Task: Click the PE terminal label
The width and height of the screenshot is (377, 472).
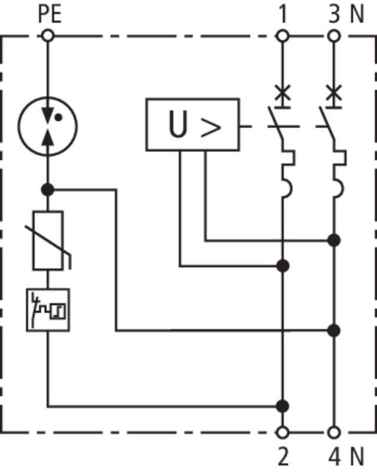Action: [50, 14]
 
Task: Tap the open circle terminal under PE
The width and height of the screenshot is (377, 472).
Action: [48, 36]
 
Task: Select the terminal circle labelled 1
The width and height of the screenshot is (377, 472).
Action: [283, 36]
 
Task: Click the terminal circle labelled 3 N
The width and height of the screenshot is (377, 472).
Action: [334, 36]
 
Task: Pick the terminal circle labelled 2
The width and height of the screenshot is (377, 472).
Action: [283, 432]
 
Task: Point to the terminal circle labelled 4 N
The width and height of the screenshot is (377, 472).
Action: [334, 432]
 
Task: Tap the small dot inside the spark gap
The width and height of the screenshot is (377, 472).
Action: [59, 117]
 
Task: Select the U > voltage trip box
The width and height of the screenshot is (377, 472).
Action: [193, 124]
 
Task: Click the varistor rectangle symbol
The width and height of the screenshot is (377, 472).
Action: [48, 241]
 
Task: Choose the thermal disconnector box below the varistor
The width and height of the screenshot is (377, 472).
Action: [48, 310]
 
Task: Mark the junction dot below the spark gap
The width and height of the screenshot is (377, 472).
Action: [48, 190]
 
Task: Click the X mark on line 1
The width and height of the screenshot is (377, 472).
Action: [283, 93]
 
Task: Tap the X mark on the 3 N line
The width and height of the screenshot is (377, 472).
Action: [334, 93]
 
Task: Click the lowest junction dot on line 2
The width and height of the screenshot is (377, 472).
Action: [283, 406]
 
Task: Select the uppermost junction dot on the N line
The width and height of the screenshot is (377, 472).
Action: [334, 241]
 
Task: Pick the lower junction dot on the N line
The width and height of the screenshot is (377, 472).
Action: [334, 330]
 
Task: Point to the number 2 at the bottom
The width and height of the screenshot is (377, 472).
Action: [283, 457]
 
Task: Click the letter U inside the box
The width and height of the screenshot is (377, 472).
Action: [178, 124]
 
